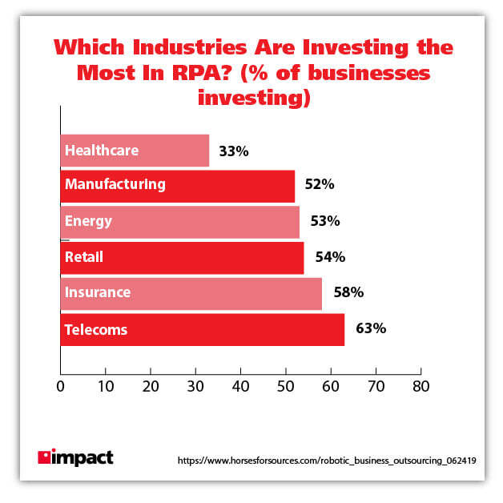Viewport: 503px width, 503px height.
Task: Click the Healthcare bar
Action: tap(135, 151)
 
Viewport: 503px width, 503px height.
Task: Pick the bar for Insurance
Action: tap(191, 293)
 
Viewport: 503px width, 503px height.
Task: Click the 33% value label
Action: tap(233, 151)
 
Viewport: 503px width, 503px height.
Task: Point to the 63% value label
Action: tap(371, 328)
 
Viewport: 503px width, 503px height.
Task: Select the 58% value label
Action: tap(348, 293)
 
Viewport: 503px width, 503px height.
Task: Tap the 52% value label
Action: tap(319, 185)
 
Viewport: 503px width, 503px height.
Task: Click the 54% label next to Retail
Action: tap(329, 257)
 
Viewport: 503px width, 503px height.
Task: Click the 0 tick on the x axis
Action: tap(61, 387)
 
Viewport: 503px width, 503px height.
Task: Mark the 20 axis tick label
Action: tap(151, 387)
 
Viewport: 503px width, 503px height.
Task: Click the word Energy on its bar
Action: tap(88, 221)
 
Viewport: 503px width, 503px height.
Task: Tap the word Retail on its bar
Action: tap(85, 257)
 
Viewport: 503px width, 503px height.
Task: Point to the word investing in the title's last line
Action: tap(251, 99)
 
